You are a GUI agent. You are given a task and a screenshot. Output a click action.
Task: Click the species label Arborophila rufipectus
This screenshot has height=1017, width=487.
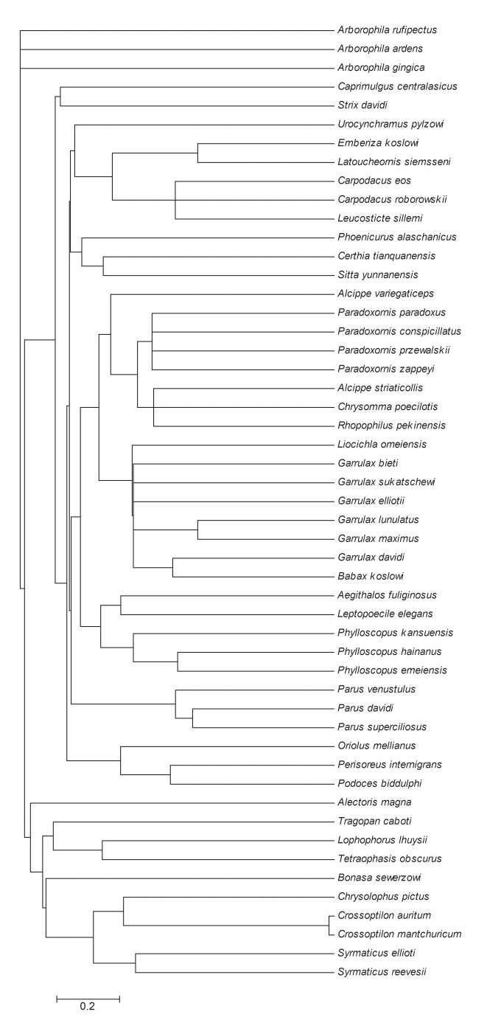(x=388, y=30)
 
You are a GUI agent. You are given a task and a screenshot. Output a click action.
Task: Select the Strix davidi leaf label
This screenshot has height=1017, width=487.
(x=362, y=105)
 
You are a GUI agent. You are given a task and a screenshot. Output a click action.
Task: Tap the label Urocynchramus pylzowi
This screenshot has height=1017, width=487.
(x=390, y=124)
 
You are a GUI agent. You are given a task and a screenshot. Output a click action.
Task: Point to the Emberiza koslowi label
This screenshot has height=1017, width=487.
(x=378, y=143)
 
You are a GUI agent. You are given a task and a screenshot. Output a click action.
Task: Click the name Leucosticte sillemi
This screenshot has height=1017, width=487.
(x=380, y=218)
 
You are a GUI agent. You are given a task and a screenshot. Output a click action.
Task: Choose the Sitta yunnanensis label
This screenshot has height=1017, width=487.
(x=378, y=274)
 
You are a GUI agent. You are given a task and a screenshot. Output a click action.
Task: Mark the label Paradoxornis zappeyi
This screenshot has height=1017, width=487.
(x=386, y=369)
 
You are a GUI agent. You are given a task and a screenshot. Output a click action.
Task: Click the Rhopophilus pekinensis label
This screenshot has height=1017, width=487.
(x=392, y=426)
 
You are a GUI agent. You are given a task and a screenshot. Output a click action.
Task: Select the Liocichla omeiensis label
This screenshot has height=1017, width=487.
(x=382, y=444)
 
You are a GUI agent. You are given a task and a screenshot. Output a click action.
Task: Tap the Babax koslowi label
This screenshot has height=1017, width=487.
(x=371, y=576)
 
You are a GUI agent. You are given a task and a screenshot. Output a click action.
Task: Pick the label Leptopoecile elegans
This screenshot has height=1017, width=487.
(x=385, y=614)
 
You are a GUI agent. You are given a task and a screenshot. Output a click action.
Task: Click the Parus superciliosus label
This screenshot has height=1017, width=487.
(x=382, y=727)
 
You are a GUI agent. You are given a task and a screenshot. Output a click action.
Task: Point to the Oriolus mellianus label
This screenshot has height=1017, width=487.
(x=376, y=746)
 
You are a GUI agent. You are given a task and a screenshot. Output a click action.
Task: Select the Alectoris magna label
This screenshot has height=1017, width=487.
(x=374, y=802)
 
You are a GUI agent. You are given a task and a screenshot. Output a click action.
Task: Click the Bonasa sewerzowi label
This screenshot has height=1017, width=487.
(x=379, y=878)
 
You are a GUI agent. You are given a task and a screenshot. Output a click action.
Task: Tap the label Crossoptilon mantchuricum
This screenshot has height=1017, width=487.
(x=399, y=934)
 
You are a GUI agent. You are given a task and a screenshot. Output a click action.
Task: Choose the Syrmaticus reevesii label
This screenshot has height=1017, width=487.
(x=382, y=971)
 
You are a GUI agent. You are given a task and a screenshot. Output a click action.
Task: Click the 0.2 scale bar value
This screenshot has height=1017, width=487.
(x=88, y=1006)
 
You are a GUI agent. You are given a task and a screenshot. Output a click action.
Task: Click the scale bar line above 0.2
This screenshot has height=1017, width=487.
(x=88, y=995)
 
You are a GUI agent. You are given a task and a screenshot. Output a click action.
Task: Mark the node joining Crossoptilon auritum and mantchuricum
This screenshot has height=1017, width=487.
(x=329, y=925)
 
